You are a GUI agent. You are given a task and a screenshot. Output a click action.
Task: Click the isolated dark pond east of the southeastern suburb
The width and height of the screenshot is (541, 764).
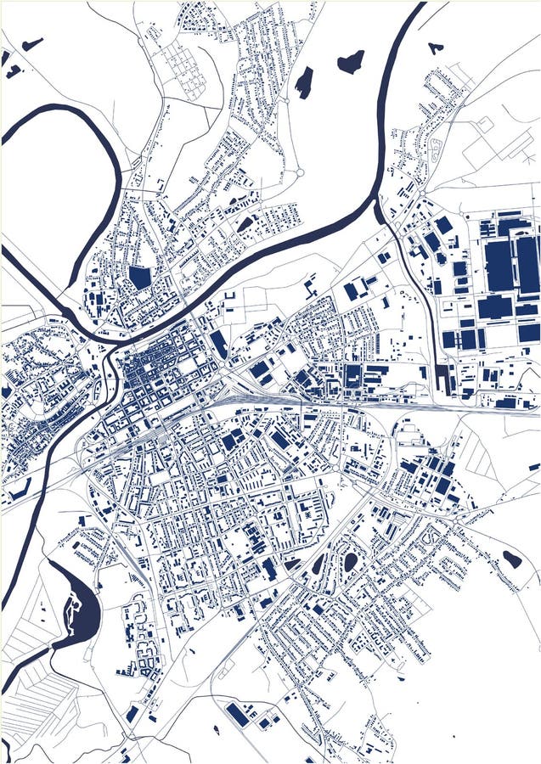[512, 559]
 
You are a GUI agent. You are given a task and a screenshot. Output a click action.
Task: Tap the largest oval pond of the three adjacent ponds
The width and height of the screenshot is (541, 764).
[350, 561]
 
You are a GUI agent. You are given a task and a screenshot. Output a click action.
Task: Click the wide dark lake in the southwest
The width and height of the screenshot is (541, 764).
[80, 610]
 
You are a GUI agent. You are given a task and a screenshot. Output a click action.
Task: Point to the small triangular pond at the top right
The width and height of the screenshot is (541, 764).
[436, 48]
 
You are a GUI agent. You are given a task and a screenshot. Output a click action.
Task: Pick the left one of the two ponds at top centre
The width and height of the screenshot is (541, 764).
[304, 82]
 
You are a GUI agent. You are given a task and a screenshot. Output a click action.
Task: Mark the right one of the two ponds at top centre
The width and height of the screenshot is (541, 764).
[351, 61]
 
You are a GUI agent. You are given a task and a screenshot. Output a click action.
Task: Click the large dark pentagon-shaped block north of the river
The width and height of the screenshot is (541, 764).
[139, 278]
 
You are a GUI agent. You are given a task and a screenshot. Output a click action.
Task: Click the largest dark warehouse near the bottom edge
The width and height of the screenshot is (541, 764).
[238, 715]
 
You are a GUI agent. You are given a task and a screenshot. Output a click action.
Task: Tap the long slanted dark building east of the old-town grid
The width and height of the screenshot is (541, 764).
[218, 345]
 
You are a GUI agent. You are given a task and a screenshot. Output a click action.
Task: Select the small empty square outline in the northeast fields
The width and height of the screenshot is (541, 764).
[484, 124]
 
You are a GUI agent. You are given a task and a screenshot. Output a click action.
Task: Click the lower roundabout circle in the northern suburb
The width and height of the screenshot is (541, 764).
[299, 172]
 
